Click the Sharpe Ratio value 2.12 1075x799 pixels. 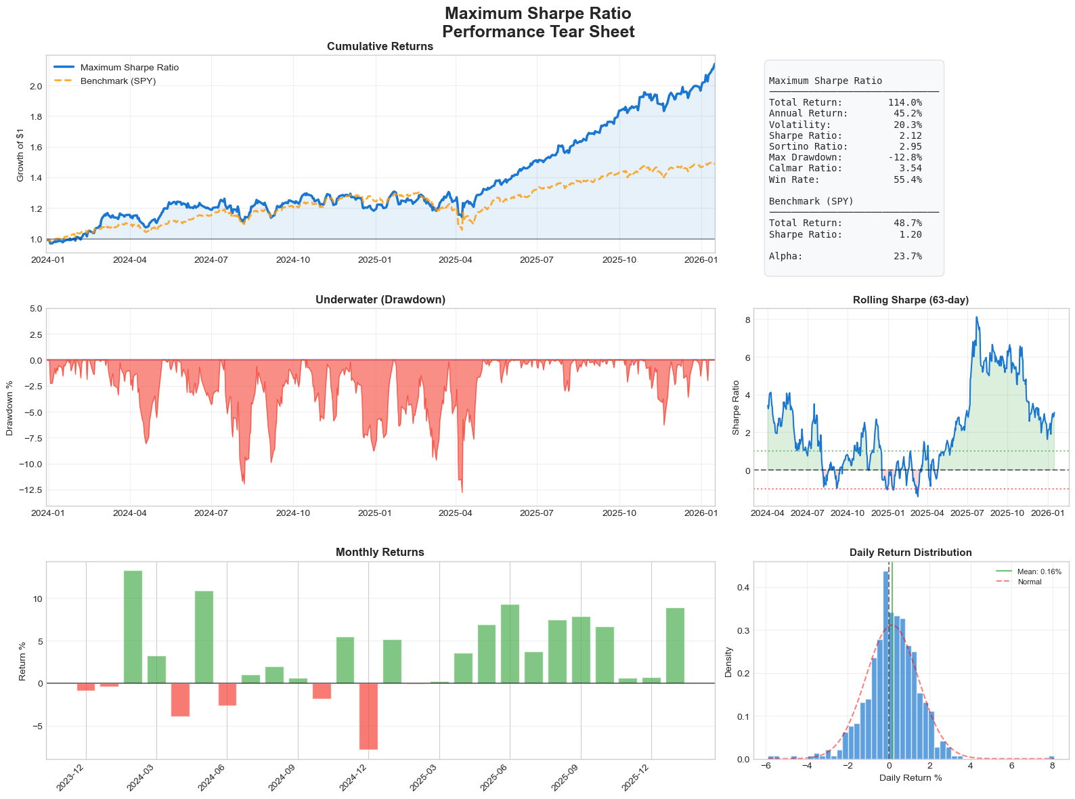pyautogui.click(x=911, y=135)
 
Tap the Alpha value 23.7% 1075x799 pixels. pyautogui.click(x=907, y=256)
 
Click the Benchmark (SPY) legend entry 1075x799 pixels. pyautogui.click(x=118, y=81)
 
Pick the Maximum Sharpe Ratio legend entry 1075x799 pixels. pyautogui.click(x=129, y=68)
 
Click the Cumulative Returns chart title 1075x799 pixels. pyautogui.click(x=380, y=47)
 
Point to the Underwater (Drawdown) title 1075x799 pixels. pyautogui.click(x=380, y=299)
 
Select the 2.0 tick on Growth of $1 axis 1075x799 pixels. pyautogui.click(x=36, y=86)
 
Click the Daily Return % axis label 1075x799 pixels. pyautogui.click(x=911, y=778)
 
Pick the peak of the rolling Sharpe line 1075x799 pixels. pyautogui.click(x=976, y=317)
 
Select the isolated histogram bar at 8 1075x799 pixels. pyautogui.click(x=1051, y=757)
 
